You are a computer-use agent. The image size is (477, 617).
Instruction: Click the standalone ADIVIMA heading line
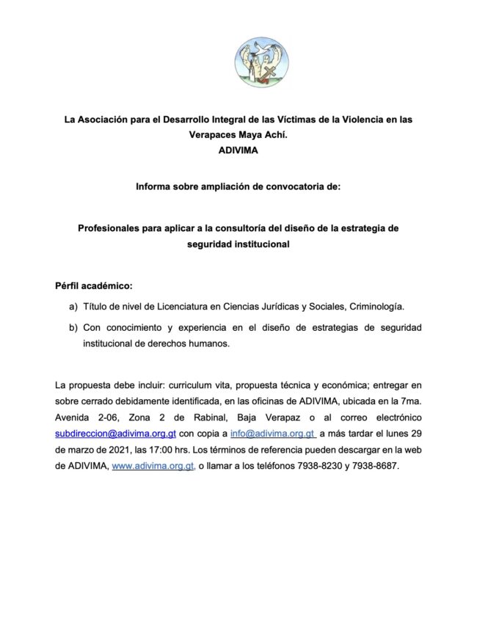point(238,150)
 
